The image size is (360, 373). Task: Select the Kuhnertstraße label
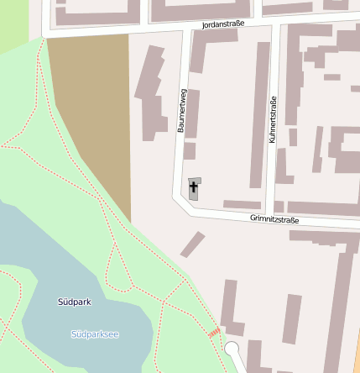tap(273, 119)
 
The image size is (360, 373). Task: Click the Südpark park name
tap(75, 301)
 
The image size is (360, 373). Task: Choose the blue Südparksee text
tap(95, 334)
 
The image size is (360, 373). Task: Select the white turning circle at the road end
tap(232, 349)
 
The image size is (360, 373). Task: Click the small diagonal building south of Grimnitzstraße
tap(192, 244)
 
